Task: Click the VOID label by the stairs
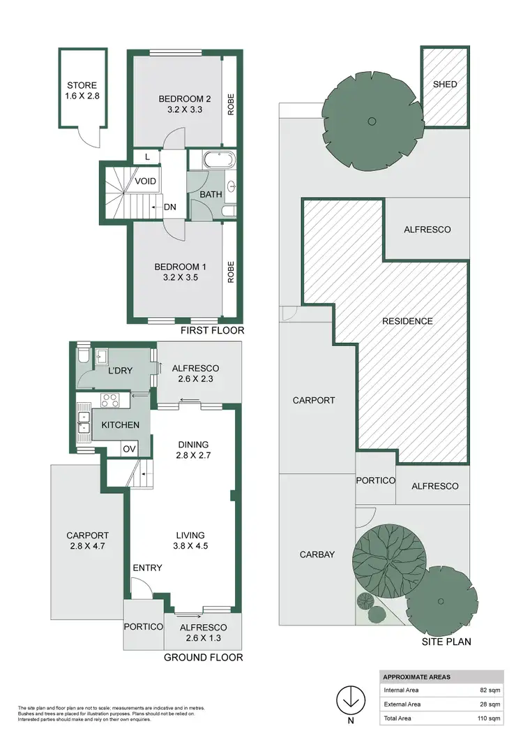click(x=145, y=182)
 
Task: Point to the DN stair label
click(x=169, y=207)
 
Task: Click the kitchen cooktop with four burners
click(x=111, y=401)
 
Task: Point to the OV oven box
click(x=130, y=448)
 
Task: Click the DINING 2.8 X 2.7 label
click(x=193, y=450)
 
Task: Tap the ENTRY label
click(x=147, y=568)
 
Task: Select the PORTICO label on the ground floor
click(x=144, y=626)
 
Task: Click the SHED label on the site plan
click(x=444, y=84)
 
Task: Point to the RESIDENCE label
click(x=408, y=321)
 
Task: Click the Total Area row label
click(x=400, y=718)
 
